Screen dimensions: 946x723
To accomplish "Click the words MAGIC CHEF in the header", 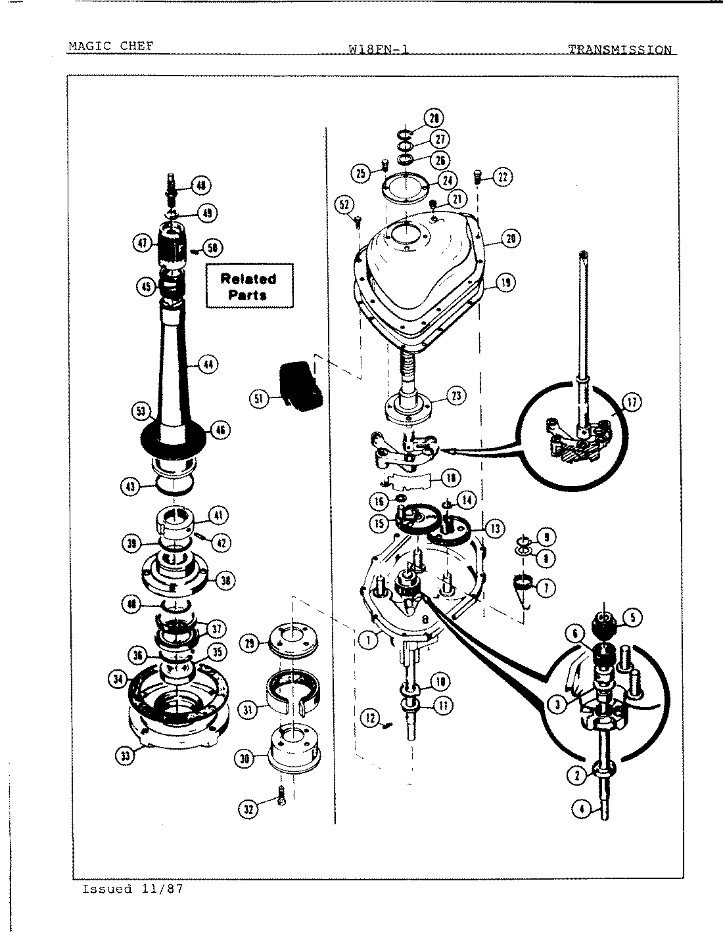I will (x=111, y=47).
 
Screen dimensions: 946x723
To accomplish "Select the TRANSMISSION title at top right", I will (x=620, y=49).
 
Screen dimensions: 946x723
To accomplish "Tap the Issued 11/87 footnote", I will (x=132, y=889).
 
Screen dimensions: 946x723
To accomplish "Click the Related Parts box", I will (x=249, y=286).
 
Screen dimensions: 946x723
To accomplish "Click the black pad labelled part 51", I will (x=299, y=387).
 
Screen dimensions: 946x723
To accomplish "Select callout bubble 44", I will (x=208, y=364).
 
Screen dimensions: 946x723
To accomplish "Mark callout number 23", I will (x=456, y=395).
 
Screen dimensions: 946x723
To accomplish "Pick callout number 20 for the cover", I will (x=510, y=238).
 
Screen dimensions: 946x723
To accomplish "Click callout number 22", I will (x=503, y=177).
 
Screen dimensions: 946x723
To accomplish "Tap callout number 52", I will (x=344, y=204).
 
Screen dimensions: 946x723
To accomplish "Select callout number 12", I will (x=371, y=718).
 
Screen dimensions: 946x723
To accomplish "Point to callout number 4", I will (x=581, y=809).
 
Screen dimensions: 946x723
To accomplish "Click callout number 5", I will (x=632, y=617).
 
